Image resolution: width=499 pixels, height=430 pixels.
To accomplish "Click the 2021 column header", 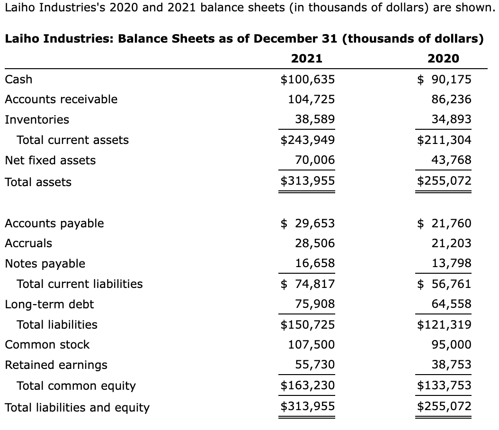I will pos(306,59).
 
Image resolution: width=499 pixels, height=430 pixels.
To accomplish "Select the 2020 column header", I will pos(443,59).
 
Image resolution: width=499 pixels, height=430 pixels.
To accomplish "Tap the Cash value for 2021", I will pos(308,79).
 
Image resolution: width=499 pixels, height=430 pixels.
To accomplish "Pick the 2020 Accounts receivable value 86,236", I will pos(451,99).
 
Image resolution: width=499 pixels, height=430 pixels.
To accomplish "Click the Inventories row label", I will pos(37,120).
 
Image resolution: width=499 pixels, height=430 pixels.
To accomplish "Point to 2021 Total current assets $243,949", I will pos(308,140).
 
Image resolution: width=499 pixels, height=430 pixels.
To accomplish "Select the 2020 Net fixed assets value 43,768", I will pos(451,161).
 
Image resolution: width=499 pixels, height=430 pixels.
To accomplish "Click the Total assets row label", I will pos(38,182).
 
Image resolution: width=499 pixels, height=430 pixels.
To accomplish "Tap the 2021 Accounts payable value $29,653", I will pos(308,223).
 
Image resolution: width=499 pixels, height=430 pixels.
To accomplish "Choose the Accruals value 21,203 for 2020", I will pos(451,243).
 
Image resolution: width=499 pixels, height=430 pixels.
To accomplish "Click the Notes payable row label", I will pos(45,264).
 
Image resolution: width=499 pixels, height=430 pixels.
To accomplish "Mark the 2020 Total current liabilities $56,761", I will pos(444,284).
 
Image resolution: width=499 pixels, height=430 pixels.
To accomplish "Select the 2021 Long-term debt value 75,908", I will pos(315,304).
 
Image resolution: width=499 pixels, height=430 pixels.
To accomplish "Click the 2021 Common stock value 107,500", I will pos(312,345).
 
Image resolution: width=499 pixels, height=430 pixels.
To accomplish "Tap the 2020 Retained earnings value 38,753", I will pos(451,365).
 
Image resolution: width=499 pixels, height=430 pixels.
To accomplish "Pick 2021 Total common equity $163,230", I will pos(308,385).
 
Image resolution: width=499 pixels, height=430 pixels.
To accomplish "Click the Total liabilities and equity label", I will pos(77,408).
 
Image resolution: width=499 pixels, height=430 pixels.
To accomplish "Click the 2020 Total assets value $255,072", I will pos(444,181).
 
